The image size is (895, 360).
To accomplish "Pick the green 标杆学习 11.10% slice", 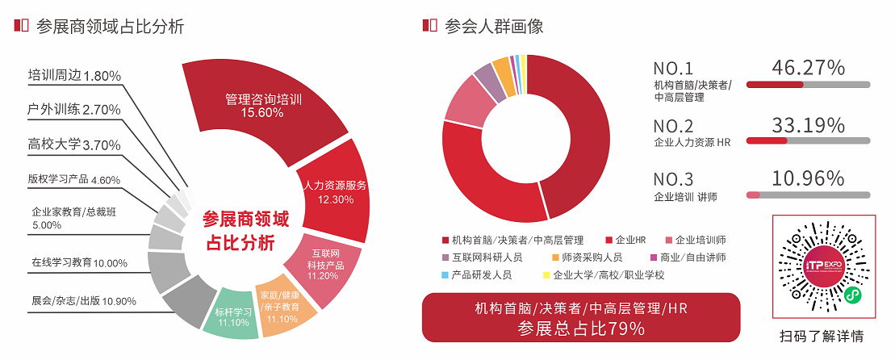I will click(x=233, y=316).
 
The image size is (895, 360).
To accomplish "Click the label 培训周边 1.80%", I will click(x=74, y=76).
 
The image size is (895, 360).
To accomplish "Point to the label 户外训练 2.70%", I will click(x=74, y=109).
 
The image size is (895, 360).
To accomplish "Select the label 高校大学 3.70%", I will click(x=74, y=144).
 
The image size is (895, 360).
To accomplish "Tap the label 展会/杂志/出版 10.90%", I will click(x=83, y=301).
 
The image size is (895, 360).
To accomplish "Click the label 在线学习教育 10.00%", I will click(x=80, y=262).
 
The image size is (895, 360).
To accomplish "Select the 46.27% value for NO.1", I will click(x=808, y=68).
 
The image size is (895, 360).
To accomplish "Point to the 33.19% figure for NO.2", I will click(x=808, y=125).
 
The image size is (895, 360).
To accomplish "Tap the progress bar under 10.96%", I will click(x=808, y=195).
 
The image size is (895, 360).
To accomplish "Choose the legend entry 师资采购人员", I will click(x=592, y=257).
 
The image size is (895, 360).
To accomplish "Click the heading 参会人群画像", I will click(x=493, y=25).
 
